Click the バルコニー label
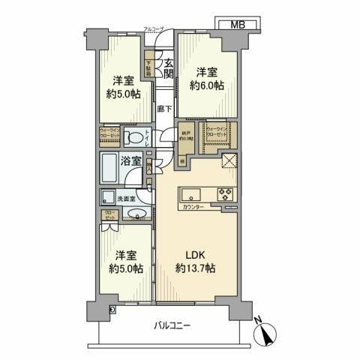173,326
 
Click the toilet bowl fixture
134,138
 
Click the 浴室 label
135,160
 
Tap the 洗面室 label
126,199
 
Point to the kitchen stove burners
225,193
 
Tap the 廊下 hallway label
164,109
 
